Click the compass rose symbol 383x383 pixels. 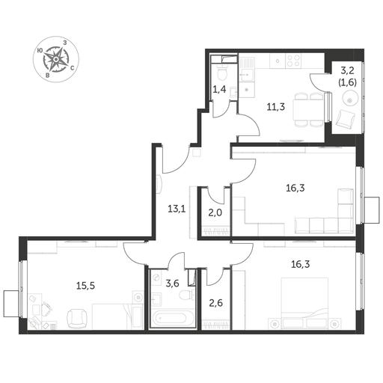click(56, 59)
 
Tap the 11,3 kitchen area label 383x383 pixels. click(275, 107)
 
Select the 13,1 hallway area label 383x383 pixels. click(177, 209)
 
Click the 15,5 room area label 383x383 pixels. click(85, 286)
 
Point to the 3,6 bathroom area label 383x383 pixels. click(172, 283)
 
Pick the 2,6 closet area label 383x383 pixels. click(215, 304)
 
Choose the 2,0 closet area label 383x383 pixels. click(215, 212)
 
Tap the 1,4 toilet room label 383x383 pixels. click(219, 89)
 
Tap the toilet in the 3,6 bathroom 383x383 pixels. click(186, 295)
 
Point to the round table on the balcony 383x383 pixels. click(349, 99)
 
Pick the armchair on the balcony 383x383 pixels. click(346, 118)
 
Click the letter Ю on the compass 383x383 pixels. click(40, 51)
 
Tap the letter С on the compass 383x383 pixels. click(72, 67)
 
